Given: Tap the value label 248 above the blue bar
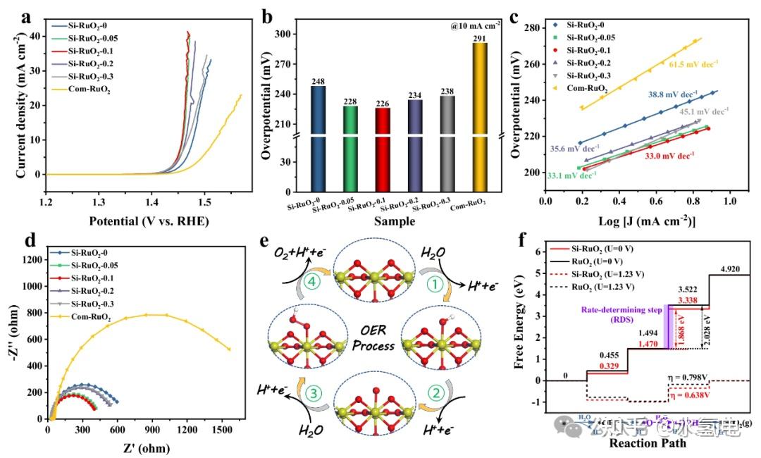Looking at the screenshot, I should (x=318, y=81).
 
